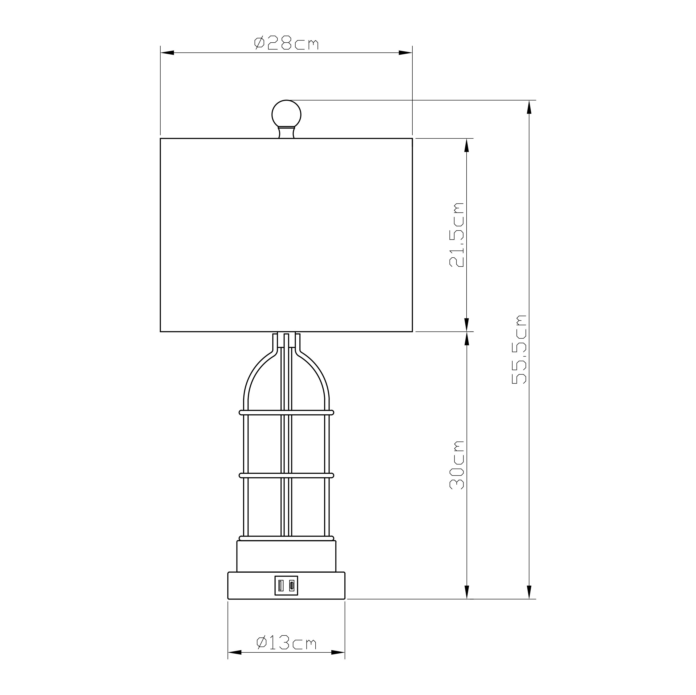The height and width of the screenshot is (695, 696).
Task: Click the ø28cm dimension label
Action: [x=286, y=43]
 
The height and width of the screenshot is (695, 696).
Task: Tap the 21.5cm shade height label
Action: [x=457, y=235]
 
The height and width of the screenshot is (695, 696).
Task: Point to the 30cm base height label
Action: [x=457, y=465]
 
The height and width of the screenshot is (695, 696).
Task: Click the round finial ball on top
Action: [x=286, y=114]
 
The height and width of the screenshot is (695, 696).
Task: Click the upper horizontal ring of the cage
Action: [x=286, y=412]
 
